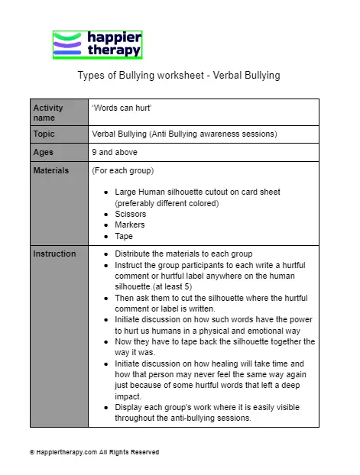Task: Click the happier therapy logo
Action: click(x=97, y=45)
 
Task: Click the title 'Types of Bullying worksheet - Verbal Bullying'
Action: click(x=179, y=76)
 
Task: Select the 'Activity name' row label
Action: click(x=48, y=112)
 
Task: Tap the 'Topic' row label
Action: click(x=44, y=134)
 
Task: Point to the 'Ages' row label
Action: click(x=43, y=152)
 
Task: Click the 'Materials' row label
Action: click(x=51, y=170)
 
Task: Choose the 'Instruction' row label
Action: click(x=54, y=254)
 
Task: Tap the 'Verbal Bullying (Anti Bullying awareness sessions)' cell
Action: click(x=184, y=134)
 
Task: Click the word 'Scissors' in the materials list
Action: click(x=130, y=215)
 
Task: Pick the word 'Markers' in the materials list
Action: click(x=129, y=225)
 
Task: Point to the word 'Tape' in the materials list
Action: click(x=124, y=236)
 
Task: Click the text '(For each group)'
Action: click(x=122, y=170)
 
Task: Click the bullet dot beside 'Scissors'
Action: click(x=105, y=215)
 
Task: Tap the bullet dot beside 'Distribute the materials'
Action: click(x=105, y=254)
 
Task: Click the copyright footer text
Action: click(x=94, y=452)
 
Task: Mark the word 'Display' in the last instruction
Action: click(x=128, y=408)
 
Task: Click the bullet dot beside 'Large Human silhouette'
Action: click(x=105, y=192)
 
